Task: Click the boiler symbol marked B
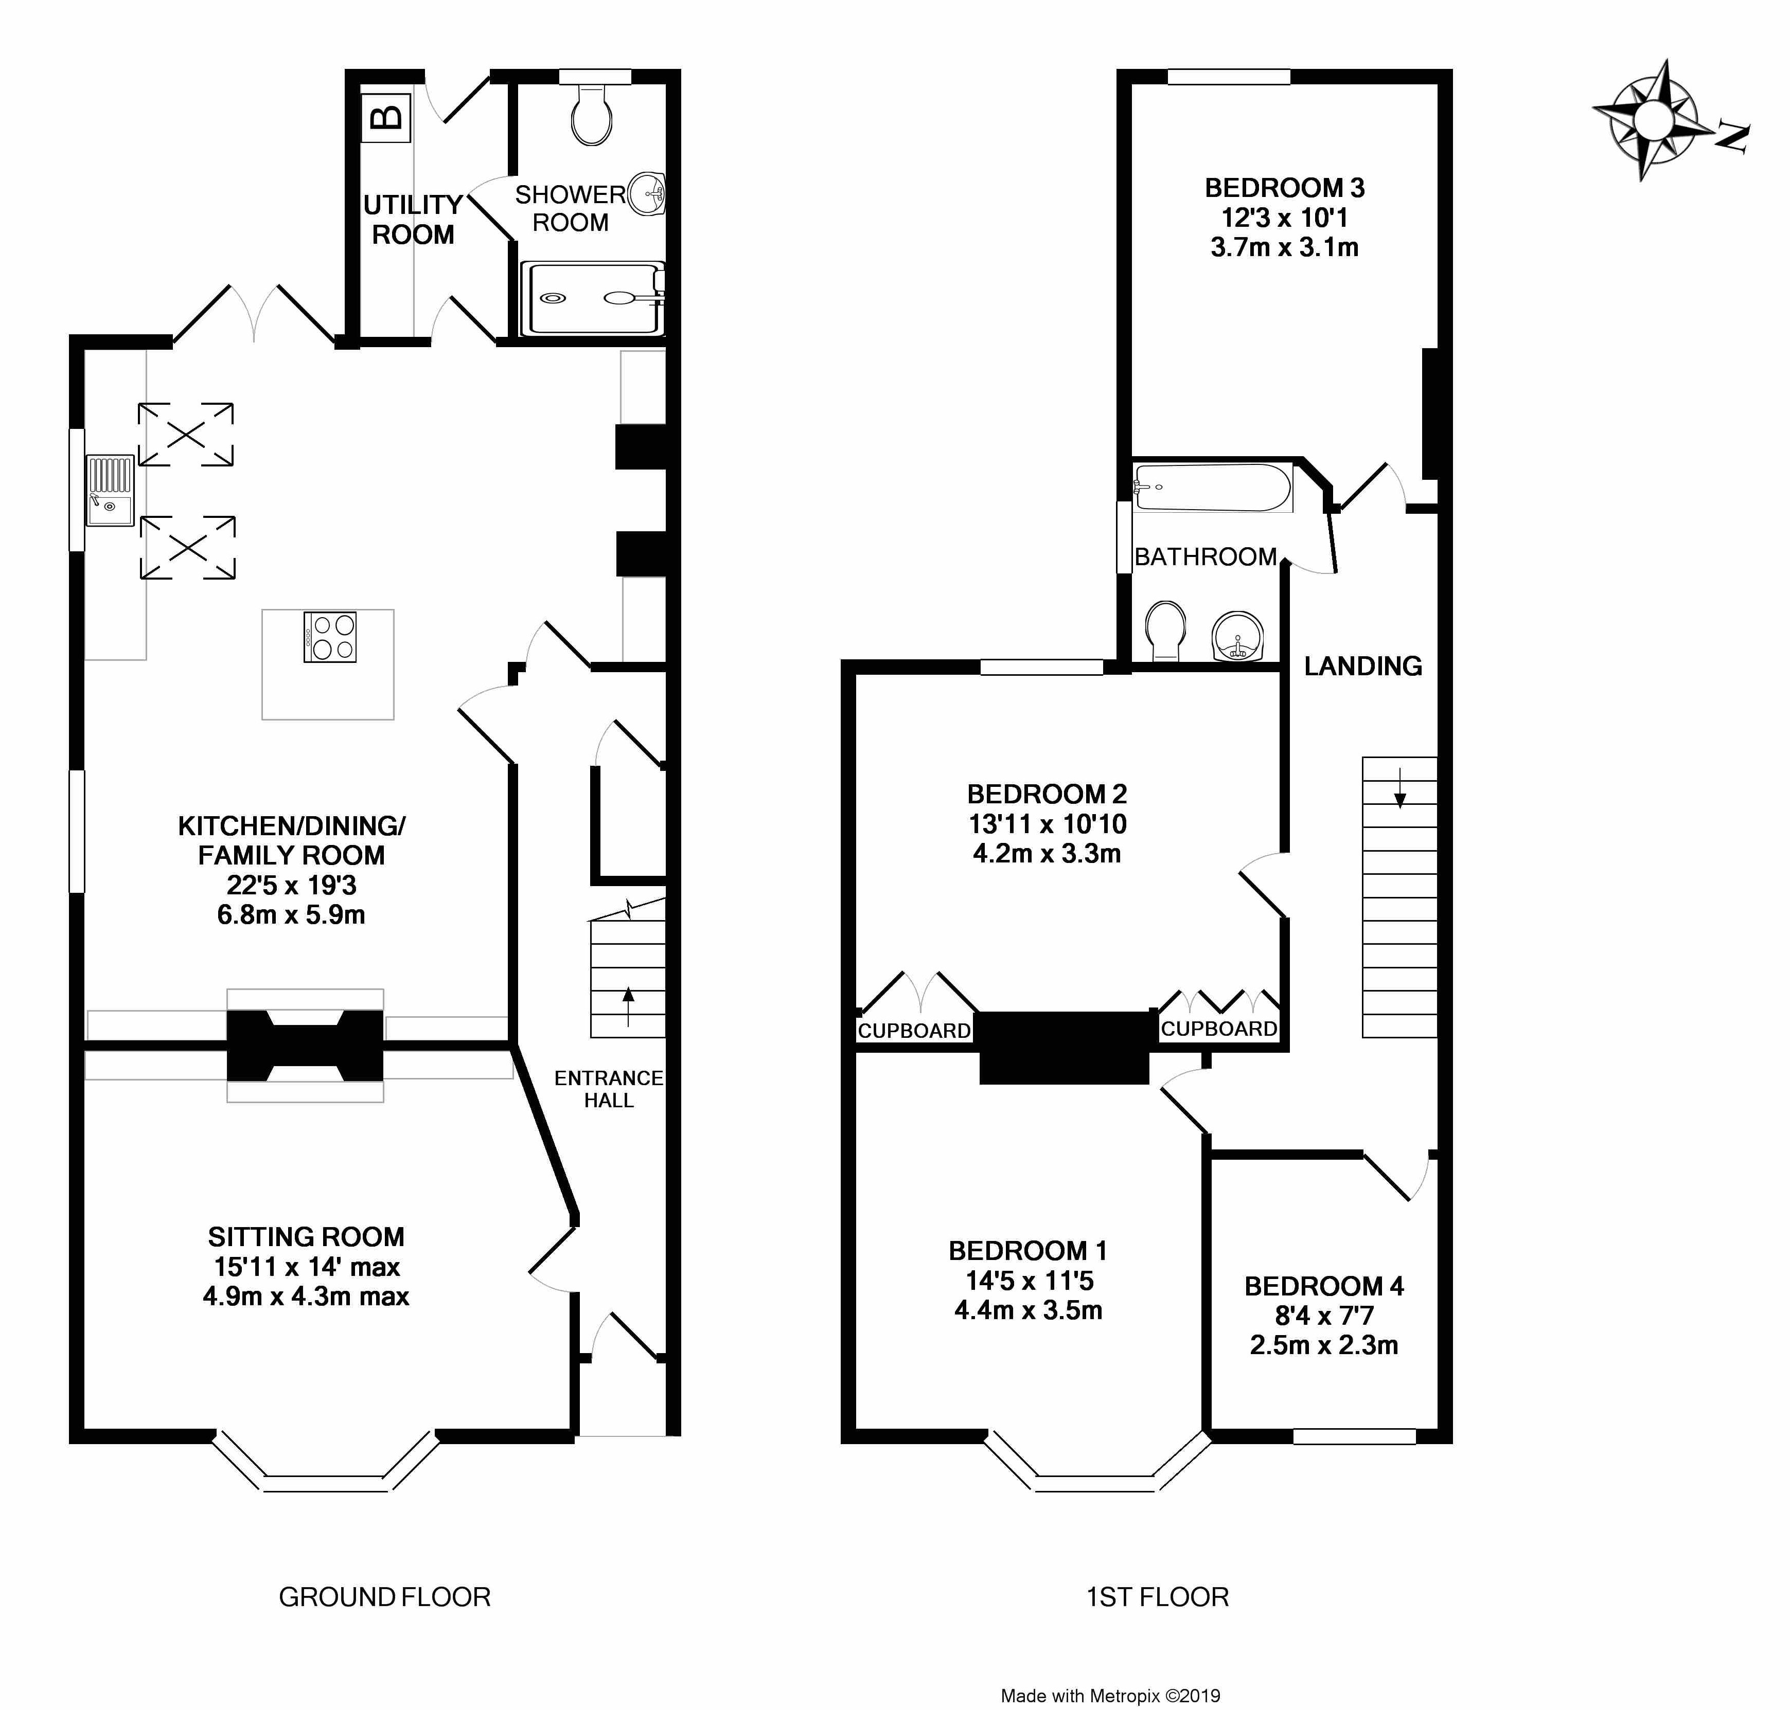click(x=386, y=118)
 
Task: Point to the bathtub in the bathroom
click(x=1212, y=488)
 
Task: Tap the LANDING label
click(x=1362, y=667)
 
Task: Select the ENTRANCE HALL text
click(x=608, y=1088)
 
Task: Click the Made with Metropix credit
click(x=1110, y=1696)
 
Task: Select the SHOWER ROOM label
click(x=570, y=208)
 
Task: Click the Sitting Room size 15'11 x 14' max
click(x=306, y=1266)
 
